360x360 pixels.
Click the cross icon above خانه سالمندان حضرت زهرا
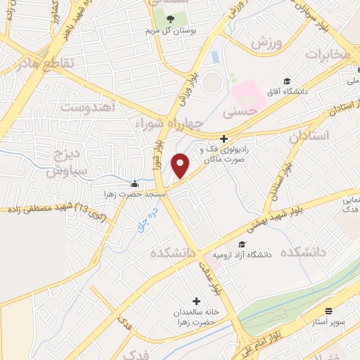click(196, 301)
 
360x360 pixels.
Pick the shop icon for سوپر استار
click(328, 310)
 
